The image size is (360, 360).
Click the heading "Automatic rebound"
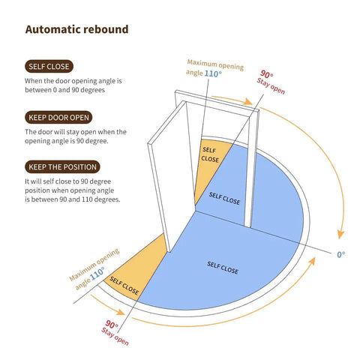[76, 29]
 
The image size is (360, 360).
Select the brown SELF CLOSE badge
[49, 67]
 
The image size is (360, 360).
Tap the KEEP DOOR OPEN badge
[58, 118]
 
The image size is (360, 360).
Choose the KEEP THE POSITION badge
[62, 167]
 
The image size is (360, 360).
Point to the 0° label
[341, 254]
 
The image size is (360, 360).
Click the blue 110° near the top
[213, 73]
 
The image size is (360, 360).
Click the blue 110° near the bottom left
[97, 273]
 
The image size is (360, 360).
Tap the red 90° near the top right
[267, 74]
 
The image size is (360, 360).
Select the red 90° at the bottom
[112, 324]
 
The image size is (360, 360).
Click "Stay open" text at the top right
[271, 86]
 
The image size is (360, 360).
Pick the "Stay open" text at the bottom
[115, 337]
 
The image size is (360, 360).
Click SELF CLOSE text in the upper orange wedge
[210, 154]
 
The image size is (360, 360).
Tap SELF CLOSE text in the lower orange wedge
[124, 286]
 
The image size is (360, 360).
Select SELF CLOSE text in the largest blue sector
[223, 268]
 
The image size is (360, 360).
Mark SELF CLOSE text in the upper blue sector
[224, 198]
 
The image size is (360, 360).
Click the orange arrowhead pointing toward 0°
[340, 234]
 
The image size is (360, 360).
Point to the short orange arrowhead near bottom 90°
[121, 312]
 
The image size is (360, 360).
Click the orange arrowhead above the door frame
[247, 101]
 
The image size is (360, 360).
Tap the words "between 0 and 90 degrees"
[64, 90]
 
